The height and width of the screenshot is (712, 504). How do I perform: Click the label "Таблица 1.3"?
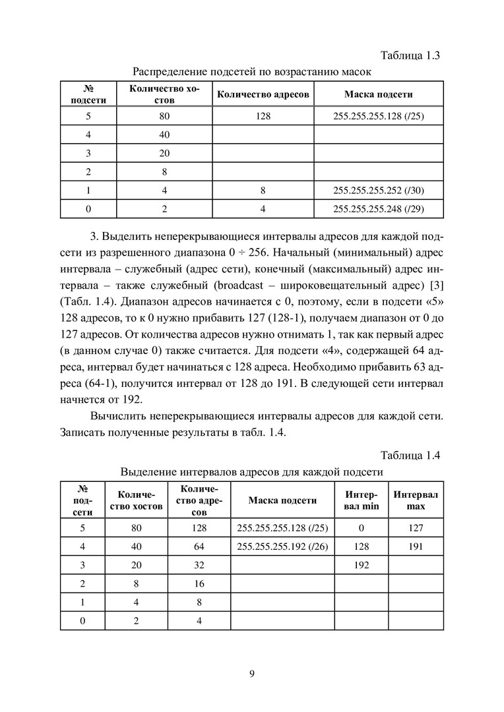coord(410,55)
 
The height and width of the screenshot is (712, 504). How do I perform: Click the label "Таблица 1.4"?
coord(410,456)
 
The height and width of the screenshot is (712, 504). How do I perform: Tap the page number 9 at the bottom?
coord(252,673)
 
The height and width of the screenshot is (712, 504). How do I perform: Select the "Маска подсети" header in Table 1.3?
coord(379,94)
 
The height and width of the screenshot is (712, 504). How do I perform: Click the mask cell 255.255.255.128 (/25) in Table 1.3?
coord(379,117)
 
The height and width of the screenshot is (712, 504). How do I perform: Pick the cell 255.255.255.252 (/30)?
coord(379,191)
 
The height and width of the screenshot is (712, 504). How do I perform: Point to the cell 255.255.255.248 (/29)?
coord(379,209)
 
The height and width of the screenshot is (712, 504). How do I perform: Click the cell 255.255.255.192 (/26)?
coord(282,547)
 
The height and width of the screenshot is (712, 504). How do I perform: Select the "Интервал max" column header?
coord(416,500)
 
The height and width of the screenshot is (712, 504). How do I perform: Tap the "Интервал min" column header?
coord(362,500)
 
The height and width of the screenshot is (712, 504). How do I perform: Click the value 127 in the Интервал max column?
coord(416,528)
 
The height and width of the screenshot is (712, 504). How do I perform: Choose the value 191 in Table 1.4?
coord(416,547)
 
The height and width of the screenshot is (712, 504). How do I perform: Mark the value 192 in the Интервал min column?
coord(362,565)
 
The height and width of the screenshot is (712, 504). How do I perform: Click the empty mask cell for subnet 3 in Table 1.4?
coord(282,565)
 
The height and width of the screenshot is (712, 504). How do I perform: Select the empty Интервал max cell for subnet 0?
coord(416,620)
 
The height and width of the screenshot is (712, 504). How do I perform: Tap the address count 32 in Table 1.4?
coord(200,565)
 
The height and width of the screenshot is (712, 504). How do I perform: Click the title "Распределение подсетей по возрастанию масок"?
coord(252,71)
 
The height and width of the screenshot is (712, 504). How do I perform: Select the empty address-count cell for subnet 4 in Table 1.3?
coord(263,135)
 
